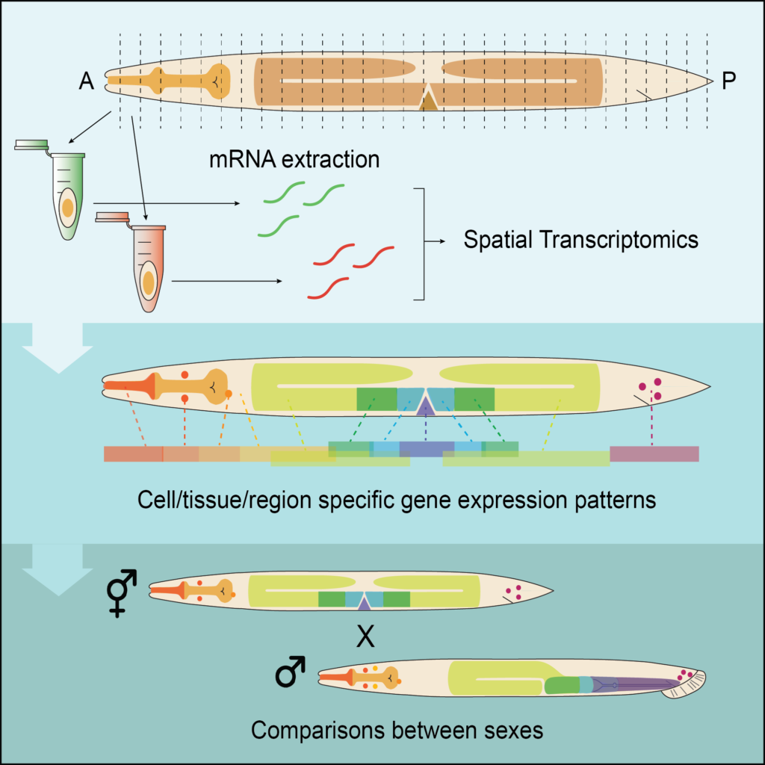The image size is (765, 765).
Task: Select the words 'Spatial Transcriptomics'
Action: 580,240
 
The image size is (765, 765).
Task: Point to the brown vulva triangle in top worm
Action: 428,99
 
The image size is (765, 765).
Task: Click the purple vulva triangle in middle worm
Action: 426,406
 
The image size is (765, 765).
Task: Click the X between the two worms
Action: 365,637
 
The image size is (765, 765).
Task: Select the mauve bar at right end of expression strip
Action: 654,453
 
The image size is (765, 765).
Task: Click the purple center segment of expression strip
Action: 427,449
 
